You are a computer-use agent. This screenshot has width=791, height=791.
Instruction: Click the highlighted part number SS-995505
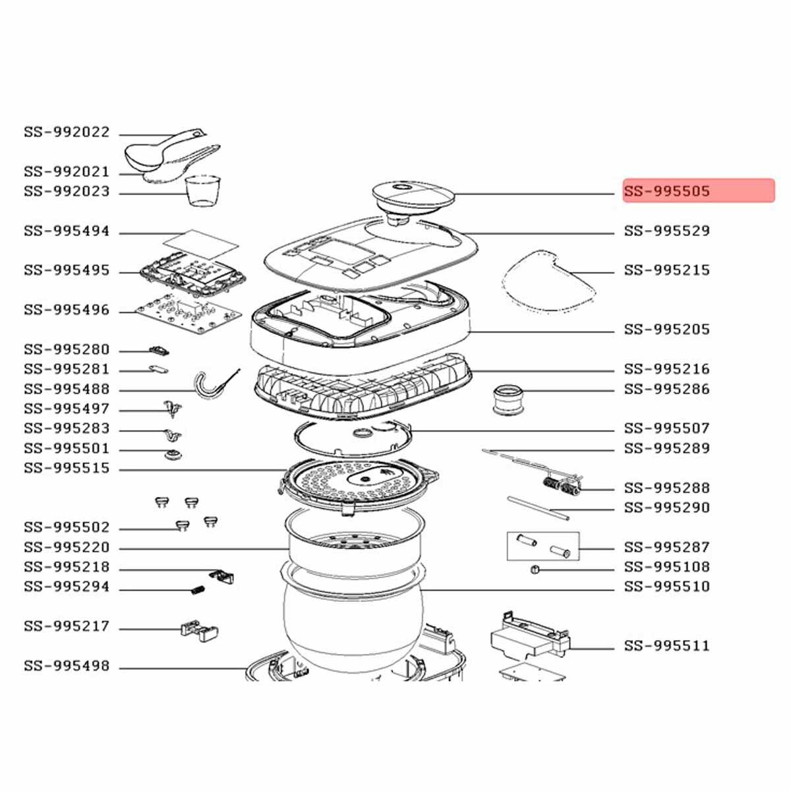tap(667, 192)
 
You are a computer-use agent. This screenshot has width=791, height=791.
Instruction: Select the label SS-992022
tap(67, 132)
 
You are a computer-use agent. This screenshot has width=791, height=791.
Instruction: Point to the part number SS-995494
tap(67, 232)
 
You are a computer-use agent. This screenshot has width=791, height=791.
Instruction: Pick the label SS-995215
tap(667, 271)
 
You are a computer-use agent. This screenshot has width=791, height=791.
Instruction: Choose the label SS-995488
tap(67, 390)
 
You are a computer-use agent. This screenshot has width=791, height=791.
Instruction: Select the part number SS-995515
tap(67, 469)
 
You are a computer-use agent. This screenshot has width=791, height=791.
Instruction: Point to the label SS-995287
tap(667, 548)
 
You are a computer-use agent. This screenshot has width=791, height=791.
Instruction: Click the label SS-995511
tap(667, 647)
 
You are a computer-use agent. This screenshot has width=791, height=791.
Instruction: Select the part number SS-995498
tap(67, 666)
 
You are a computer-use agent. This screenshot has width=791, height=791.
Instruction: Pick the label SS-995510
tap(667, 587)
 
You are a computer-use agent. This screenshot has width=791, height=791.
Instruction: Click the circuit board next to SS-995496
tap(185, 310)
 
